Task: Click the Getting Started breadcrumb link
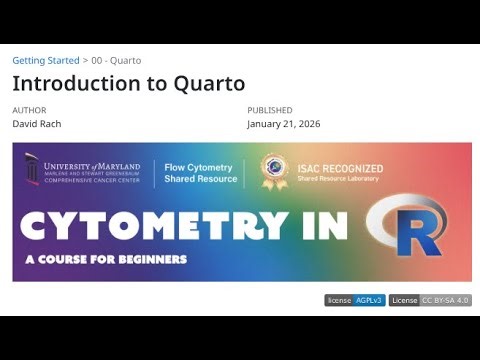click(x=45, y=61)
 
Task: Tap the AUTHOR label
click(x=29, y=110)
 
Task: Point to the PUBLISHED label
click(x=270, y=110)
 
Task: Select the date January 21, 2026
click(x=283, y=124)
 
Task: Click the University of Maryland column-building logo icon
click(x=32, y=169)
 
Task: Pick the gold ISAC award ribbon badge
click(x=273, y=171)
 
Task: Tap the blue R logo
click(x=408, y=225)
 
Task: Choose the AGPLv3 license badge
click(x=354, y=300)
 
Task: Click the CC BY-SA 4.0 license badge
click(x=430, y=300)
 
